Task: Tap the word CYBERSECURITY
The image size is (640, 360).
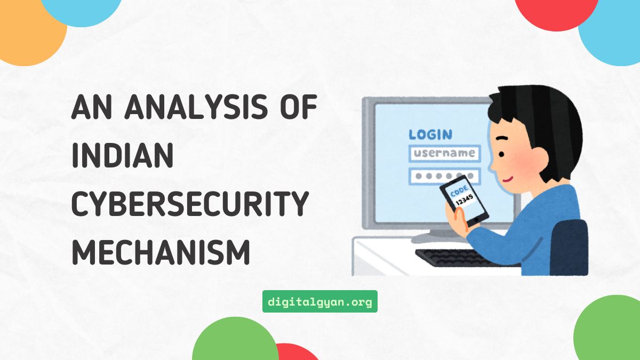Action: (190, 205)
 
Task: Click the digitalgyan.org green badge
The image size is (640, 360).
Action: (320, 301)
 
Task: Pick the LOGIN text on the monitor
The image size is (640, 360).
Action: (430, 134)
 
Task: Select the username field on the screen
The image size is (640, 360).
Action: (444, 154)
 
